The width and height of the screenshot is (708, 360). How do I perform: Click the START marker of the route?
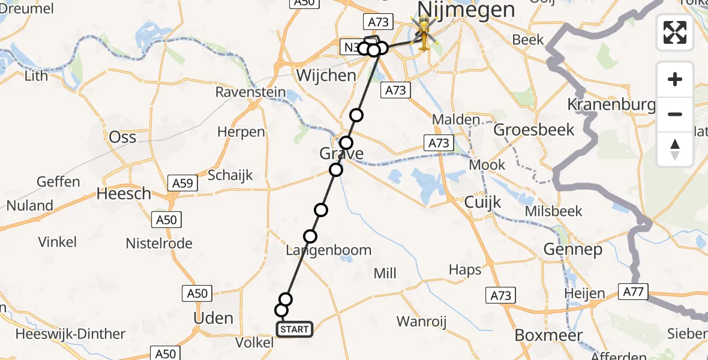tap(294, 329)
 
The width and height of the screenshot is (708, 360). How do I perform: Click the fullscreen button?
tap(675, 32)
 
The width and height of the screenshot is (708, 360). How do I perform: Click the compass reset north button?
tap(675, 149)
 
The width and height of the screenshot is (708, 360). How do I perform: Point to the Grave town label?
tap(341, 154)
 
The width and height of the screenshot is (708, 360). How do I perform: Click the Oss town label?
tap(122, 137)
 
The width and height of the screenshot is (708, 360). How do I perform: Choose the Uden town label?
tap(214, 317)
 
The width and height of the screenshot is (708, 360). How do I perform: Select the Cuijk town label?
tap(482, 202)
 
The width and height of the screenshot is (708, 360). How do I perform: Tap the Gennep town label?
tap(572, 249)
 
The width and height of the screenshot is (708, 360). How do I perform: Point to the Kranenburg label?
tap(611, 105)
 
